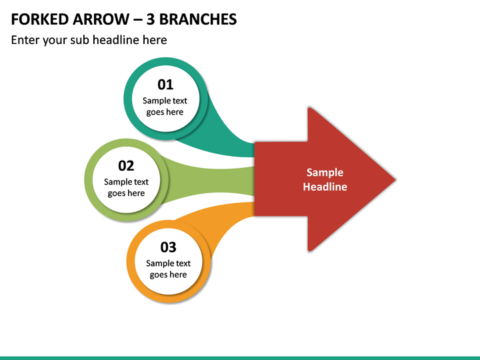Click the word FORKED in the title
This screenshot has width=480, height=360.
click(x=40, y=19)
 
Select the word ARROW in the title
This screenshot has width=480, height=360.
click(x=101, y=19)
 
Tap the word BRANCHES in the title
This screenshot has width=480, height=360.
click(x=198, y=19)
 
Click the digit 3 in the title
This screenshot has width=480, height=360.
click(x=150, y=19)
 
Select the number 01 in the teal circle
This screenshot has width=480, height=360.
click(x=165, y=85)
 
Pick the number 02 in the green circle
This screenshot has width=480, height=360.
click(x=126, y=166)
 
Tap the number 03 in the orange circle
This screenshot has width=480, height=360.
click(x=168, y=247)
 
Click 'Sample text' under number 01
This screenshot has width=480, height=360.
click(x=165, y=101)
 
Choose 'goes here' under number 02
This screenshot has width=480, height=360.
click(x=126, y=193)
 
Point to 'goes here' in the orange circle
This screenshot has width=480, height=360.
click(x=168, y=275)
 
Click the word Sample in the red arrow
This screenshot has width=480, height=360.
click(x=325, y=173)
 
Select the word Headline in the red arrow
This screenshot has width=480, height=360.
click(x=325, y=187)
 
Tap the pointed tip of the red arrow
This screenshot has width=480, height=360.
click(x=395, y=180)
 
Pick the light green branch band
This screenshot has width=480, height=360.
click(x=208, y=180)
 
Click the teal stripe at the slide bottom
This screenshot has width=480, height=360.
click(x=240, y=358)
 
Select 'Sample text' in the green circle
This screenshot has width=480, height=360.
click(x=126, y=182)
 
